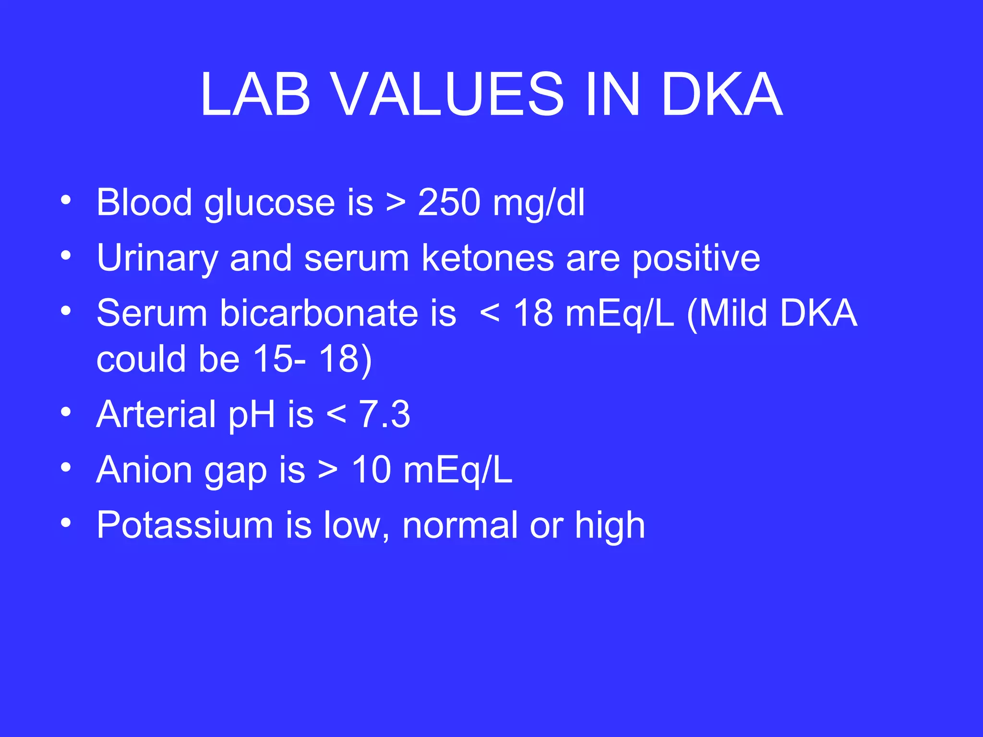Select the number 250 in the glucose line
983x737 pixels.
point(449,202)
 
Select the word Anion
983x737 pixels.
point(144,470)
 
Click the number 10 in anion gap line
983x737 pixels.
point(372,470)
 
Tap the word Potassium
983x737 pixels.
point(185,525)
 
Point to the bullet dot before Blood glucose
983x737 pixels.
point(66,199)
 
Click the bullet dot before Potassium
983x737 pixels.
point(66,522)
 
